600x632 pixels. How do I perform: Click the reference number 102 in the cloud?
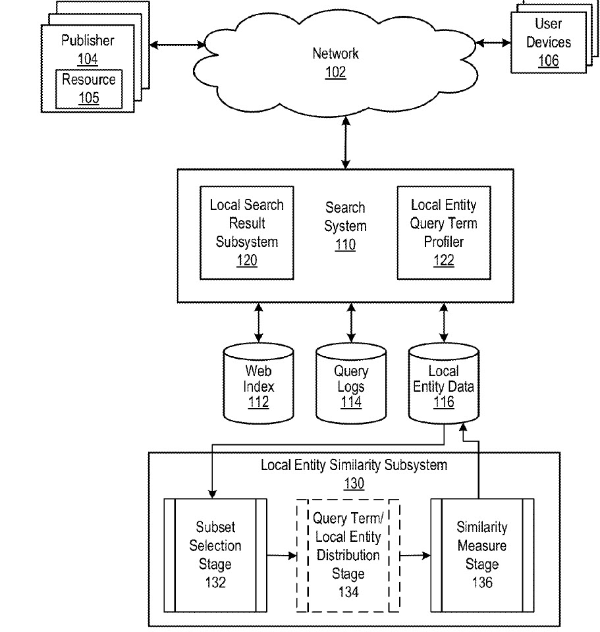[335, 72]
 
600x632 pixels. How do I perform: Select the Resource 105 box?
[88, 89]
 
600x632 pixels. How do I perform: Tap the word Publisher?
[88, 41]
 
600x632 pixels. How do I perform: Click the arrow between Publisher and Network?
[176, 45]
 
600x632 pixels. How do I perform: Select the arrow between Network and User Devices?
[493, 42]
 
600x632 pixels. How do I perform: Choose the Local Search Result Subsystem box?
[246, 232]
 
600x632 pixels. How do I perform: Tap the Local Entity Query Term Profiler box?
[443, 232]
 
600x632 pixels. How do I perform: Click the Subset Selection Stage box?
[215, 556]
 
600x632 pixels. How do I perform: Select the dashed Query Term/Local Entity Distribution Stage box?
[348, 556]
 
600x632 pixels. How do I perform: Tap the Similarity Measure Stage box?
[481, 556]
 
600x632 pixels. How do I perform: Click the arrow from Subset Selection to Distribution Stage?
[282, 556]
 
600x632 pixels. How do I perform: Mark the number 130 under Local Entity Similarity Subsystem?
[354, 484]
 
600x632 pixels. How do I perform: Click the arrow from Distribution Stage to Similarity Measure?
[415, 556]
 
